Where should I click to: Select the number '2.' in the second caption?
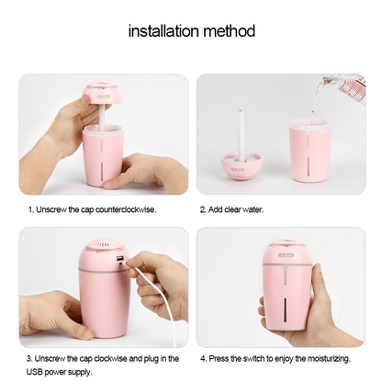tap(203, 210)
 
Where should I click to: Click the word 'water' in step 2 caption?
tap(253, 210)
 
